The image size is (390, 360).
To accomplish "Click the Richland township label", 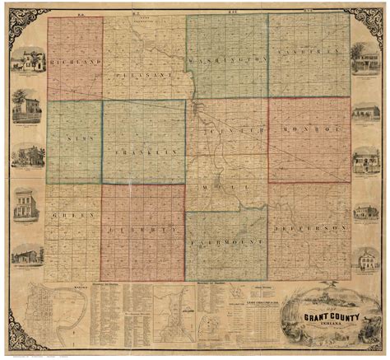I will [75, 62].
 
